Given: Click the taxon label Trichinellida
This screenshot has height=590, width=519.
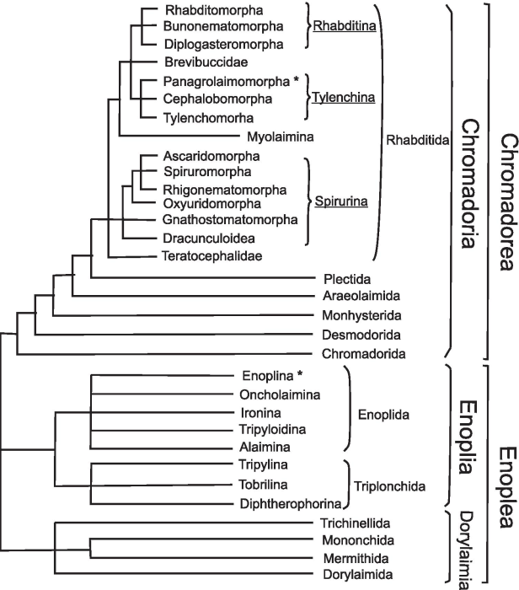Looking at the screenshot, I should pyautogui.click(x=357, y=523).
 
